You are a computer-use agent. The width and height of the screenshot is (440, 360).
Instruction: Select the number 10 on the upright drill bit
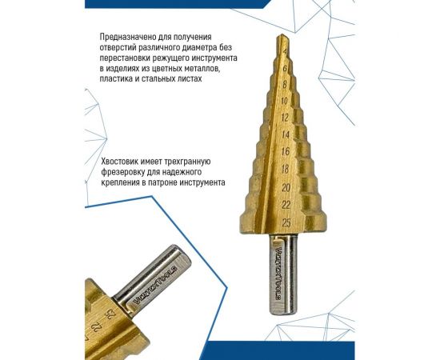coord(286,101)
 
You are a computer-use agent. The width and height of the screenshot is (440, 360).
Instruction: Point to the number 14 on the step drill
coord(286,135)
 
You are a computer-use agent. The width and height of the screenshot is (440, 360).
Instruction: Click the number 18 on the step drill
coord(286,170)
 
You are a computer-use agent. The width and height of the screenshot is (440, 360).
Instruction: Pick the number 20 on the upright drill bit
coord(286,187)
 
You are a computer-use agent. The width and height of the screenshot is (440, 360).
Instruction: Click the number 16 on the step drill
coord(286,152)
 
